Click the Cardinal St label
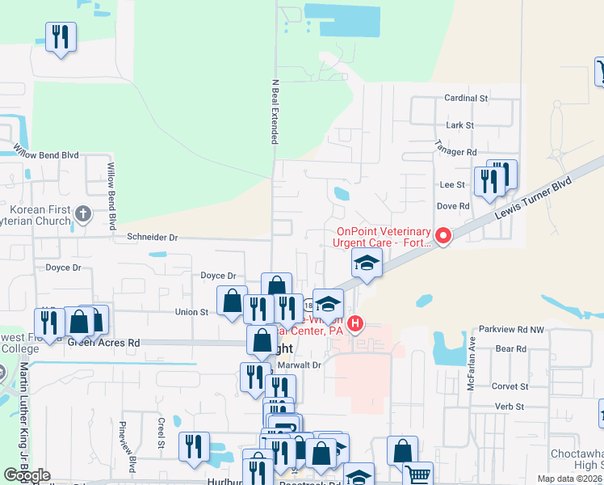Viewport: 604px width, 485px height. tap(467, 98)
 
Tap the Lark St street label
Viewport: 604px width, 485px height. tap(459, 125)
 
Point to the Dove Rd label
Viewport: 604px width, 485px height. tap(453, 206)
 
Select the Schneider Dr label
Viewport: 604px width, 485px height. tap(152, 237)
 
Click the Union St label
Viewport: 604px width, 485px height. tap(191, 311)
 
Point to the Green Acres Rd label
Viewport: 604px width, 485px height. tap(103, 343)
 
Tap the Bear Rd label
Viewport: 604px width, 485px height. tap(510, 349)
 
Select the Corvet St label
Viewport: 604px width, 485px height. tap(509, 387)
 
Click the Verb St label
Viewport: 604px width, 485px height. tap(509, 406)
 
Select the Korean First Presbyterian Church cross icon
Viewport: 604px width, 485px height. tap(82, 214)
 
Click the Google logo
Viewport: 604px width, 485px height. tap(27, 475)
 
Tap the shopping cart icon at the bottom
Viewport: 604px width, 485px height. tap(417, 474)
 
